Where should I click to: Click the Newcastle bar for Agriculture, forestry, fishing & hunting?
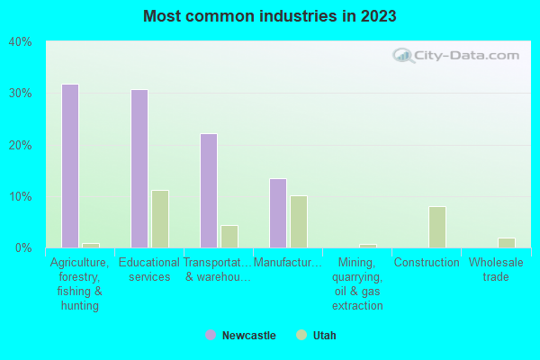coord(70,166)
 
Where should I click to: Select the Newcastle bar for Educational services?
coord(139,168)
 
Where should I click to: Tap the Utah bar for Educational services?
coord(160,219)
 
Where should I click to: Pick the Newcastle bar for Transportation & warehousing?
coord(209,191)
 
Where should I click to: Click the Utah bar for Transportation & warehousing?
coord(229,237)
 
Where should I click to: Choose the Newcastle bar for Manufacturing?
coord(278,213)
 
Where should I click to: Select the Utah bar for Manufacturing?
coord(299,221)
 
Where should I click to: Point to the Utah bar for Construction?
coord(437,227)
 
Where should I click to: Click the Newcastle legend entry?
coord(240,336)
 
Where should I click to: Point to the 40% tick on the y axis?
coord(21,41)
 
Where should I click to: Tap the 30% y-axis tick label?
coord(21,94)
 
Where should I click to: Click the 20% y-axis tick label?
coord(21,145)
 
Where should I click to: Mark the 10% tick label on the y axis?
coord(21,196)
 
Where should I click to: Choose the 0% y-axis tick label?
coord(23,247)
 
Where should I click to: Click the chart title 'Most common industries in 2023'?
coord(269,16)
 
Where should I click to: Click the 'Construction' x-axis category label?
coord(427,263)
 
